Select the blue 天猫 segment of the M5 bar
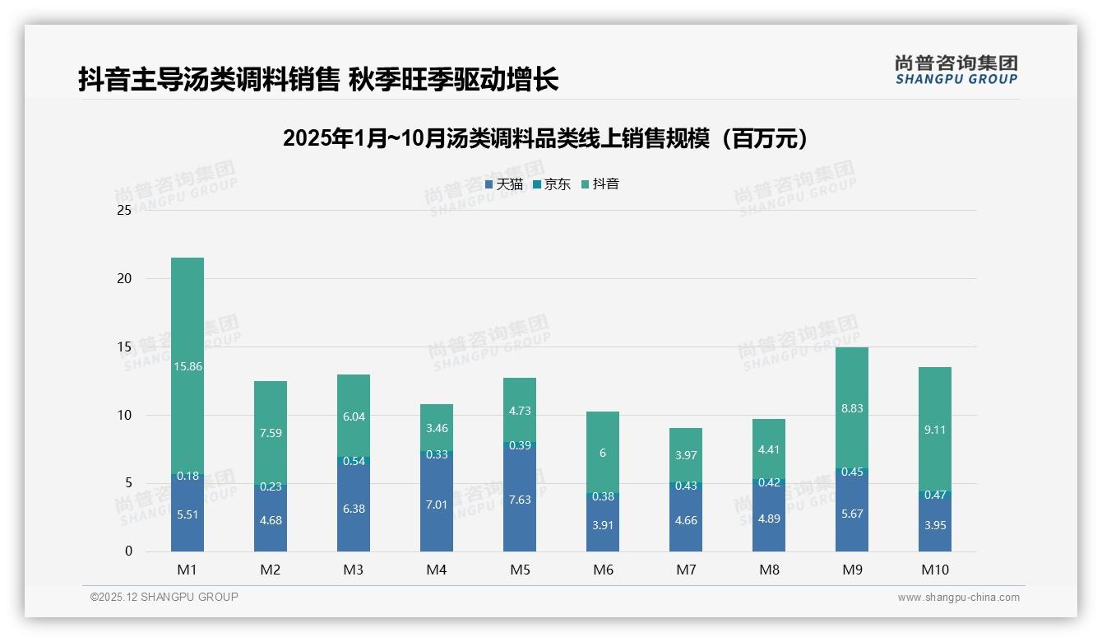coord(519,498)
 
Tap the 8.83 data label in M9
coord(852,408)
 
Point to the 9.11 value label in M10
coord(935,429)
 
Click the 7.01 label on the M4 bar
coord(437,505)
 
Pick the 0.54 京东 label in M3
coord(354,461)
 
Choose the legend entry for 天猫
coord(504,184)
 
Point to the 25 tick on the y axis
coord(124,210)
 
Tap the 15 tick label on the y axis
coord(124,347)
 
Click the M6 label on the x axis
coord(603,570)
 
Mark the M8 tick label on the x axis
coord(769,570)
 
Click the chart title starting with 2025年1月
coord(545,138)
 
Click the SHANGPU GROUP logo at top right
coord(956,70)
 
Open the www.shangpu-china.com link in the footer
coord(958,598)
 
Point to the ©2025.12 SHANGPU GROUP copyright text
coord(164,598)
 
